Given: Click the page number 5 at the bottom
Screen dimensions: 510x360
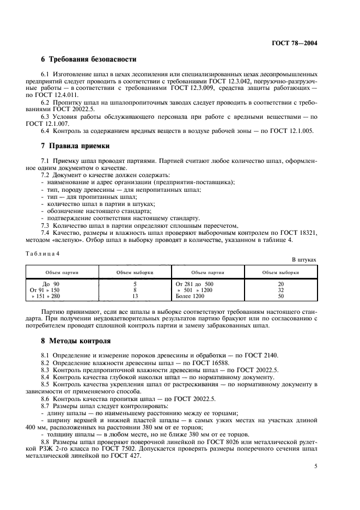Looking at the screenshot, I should point(316,466).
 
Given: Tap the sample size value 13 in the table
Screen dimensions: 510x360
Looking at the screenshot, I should point(135,296).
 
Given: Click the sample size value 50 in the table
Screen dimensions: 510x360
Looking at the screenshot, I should point(280,296).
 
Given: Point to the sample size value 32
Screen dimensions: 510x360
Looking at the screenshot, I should point(280,290).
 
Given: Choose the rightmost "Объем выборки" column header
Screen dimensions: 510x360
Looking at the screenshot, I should point(280,272).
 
